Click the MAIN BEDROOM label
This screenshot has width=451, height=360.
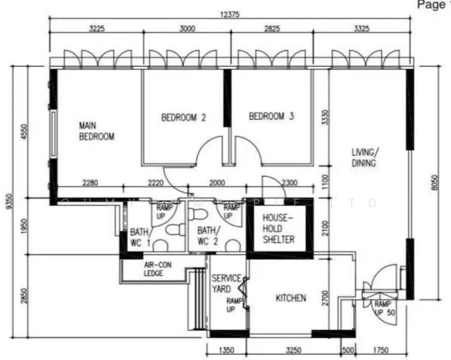coord(97,131)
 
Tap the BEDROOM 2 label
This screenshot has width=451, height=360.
coord(183,118)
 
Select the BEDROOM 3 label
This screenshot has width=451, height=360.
coord(271,116)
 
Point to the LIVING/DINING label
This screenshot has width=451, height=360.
coord(364,158)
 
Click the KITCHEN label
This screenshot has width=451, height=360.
coord(291,298)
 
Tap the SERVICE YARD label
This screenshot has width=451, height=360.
coord(226,284)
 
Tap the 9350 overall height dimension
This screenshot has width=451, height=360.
coord(8,202)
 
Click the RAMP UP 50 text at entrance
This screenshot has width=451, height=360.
coord(383,308)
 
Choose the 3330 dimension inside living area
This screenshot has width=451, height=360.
coord(325,118)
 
